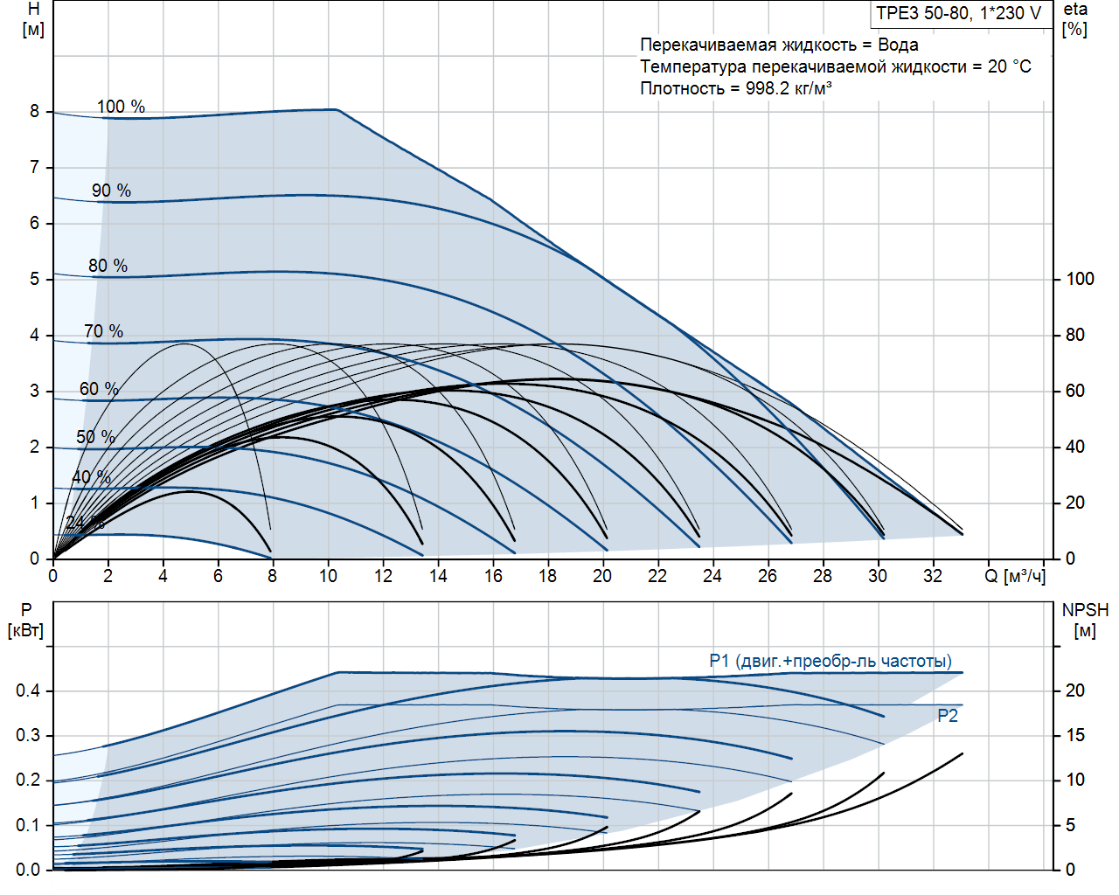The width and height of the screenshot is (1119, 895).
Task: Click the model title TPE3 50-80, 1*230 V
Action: point(959,13)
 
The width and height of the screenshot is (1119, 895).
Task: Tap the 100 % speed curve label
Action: point(121,107)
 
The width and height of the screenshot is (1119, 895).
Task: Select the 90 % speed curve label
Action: point(111,191)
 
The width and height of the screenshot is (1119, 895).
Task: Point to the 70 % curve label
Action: point(103,331)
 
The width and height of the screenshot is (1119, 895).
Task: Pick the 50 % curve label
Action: point(95,437)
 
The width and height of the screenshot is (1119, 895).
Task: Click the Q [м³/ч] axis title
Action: point(1014,576)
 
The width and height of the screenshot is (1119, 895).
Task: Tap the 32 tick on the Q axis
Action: point(933,576)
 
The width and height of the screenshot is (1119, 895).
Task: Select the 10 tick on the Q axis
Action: point(328,576)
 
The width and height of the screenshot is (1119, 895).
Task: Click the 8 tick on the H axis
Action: point(34,112)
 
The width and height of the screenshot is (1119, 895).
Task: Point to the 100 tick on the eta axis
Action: point(1080,279)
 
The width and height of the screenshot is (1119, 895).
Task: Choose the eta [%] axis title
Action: point(1075,19)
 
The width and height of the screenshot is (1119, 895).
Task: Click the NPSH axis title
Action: point(1085,620)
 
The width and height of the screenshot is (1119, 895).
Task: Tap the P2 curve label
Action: point(948,716)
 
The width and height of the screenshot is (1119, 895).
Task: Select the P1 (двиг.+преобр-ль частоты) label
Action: point(831,662)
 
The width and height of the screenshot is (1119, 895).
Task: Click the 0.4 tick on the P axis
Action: point(28,690)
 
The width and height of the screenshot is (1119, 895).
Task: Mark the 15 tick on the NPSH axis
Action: point(1074,735)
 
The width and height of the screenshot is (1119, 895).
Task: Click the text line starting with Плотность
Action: point(735,88)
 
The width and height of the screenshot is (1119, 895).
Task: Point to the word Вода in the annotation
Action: point(898,45)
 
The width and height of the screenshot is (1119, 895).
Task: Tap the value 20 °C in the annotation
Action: point(1010,66)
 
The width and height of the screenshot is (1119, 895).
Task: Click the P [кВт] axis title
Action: point(25,620)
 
